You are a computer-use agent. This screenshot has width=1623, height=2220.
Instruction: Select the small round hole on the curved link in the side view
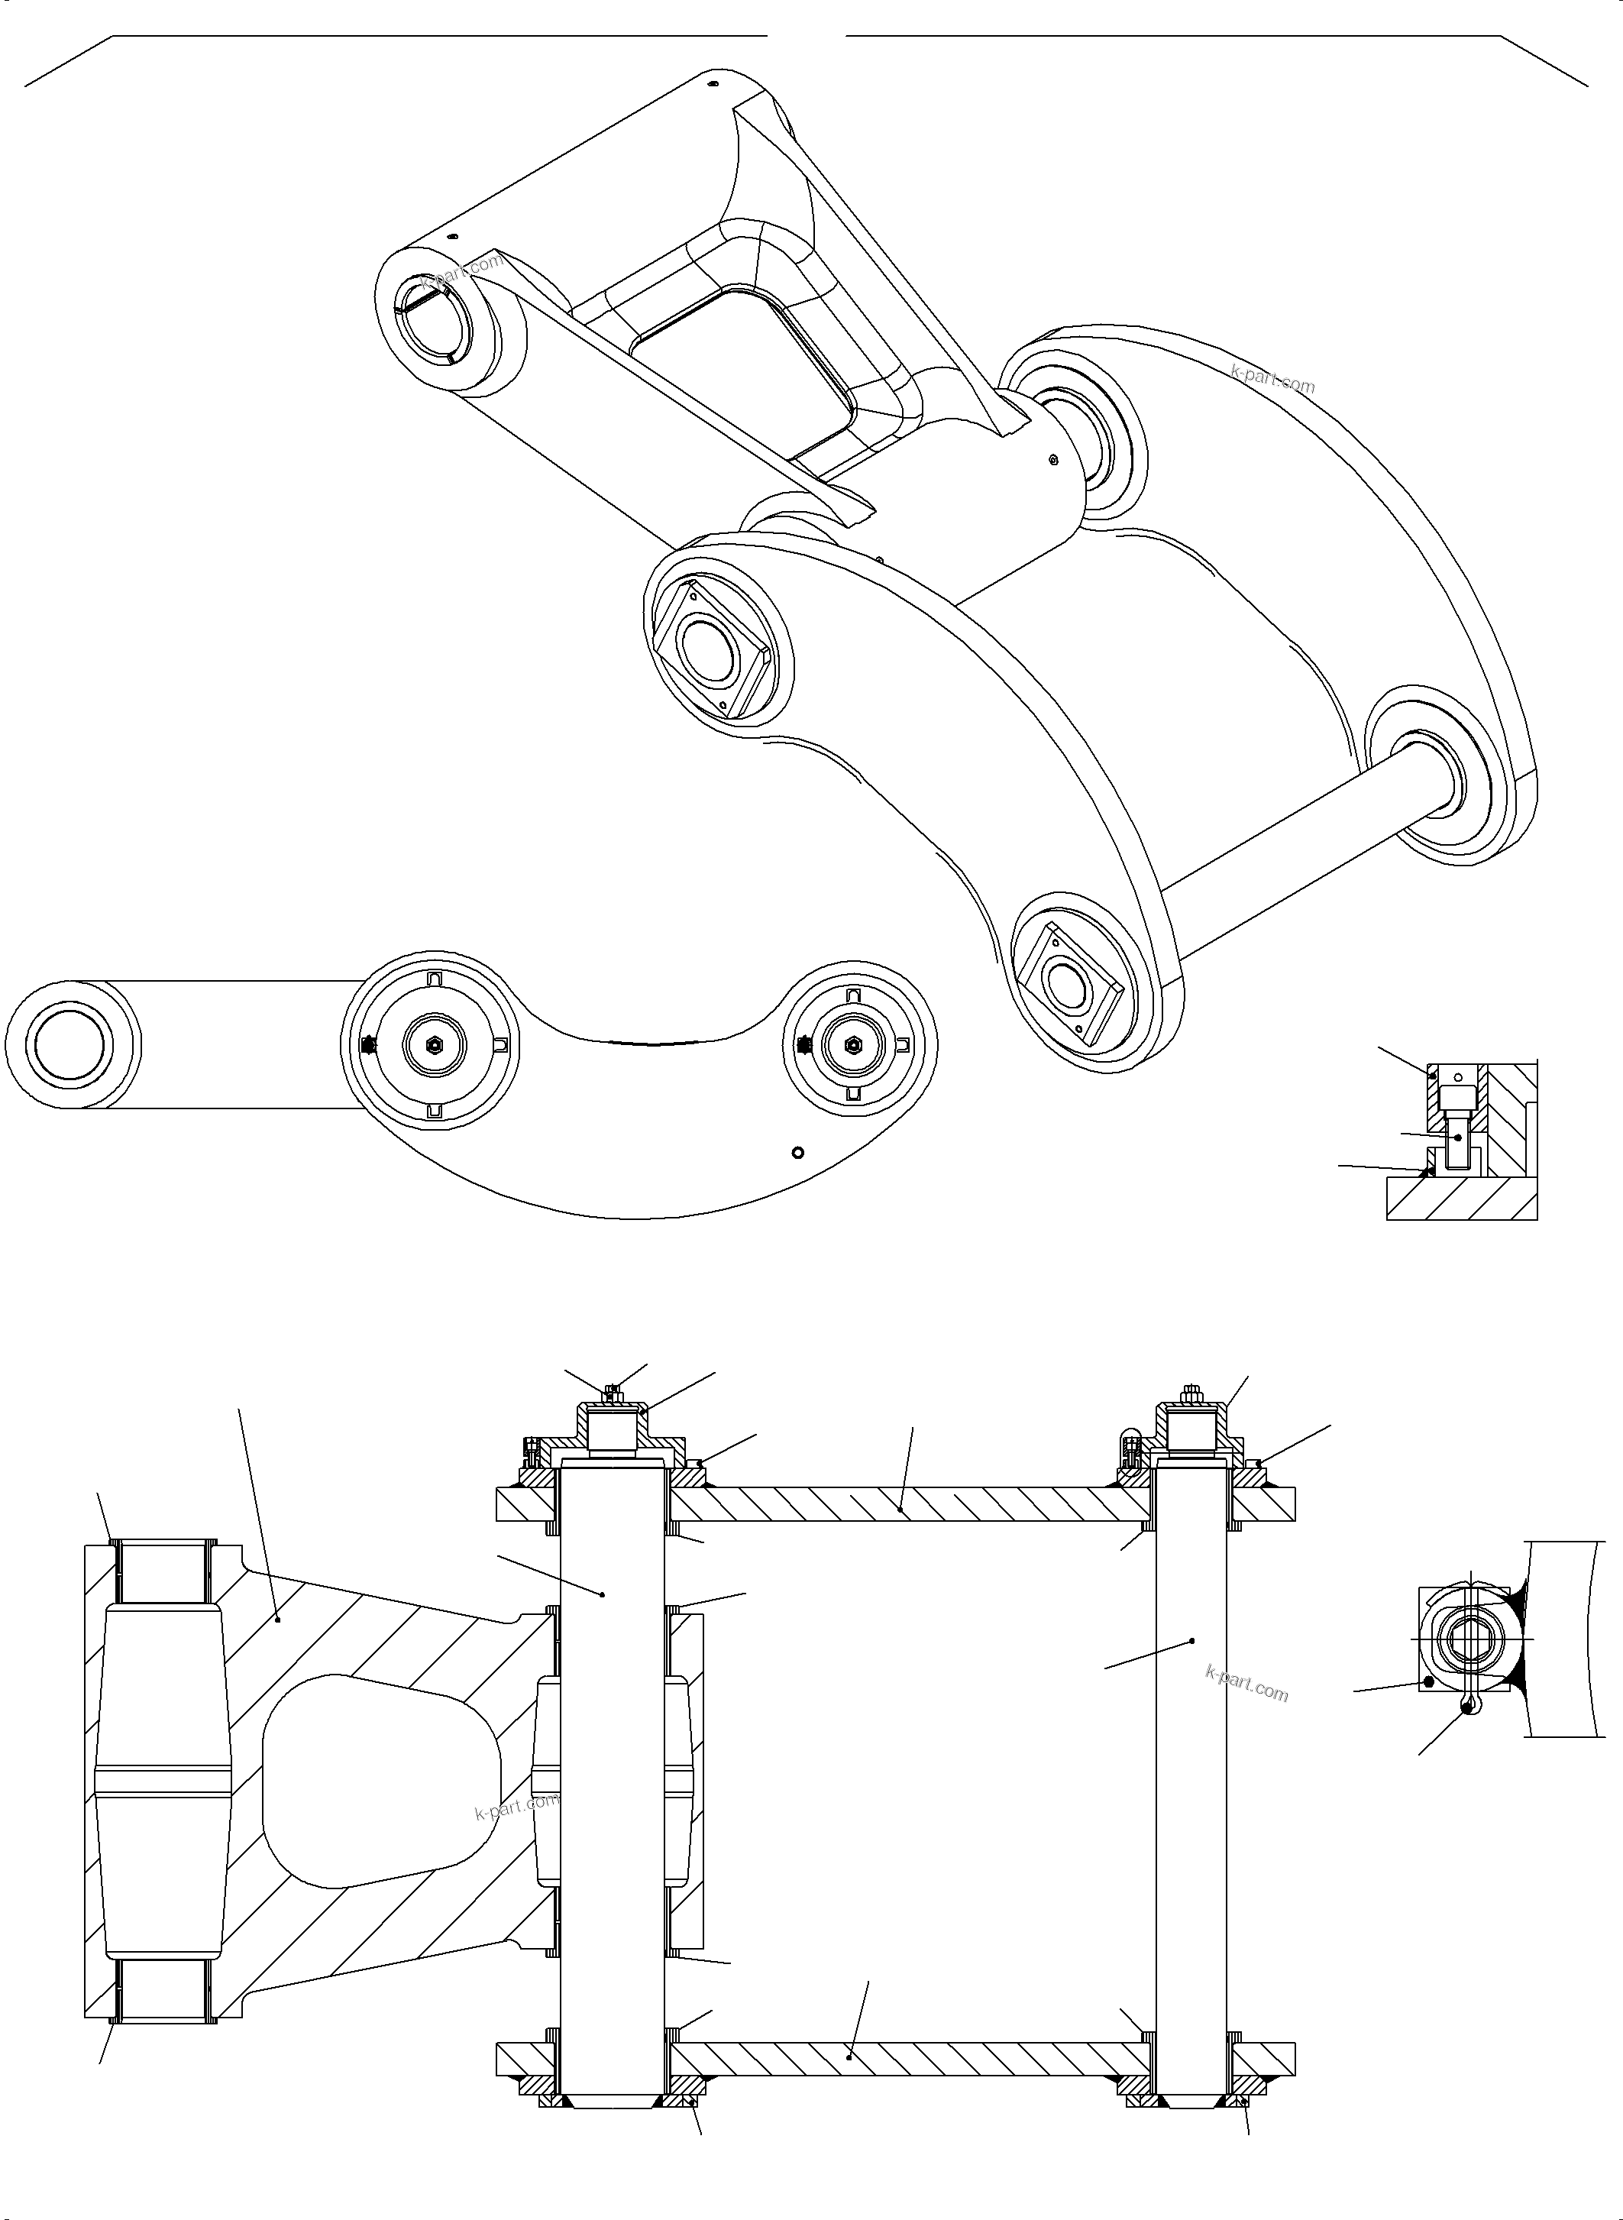coord(797,1152)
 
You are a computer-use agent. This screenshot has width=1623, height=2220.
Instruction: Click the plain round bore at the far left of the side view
coord(68,1044)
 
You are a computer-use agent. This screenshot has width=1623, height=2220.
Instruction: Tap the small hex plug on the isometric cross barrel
coord(1052,458)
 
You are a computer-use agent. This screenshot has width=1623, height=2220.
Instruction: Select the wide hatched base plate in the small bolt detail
coord(1461,1200)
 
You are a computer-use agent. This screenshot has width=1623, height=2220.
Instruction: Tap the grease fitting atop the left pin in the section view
coord(613,1392)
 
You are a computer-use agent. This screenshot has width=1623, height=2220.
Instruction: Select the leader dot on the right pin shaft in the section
coord(1191,1641)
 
